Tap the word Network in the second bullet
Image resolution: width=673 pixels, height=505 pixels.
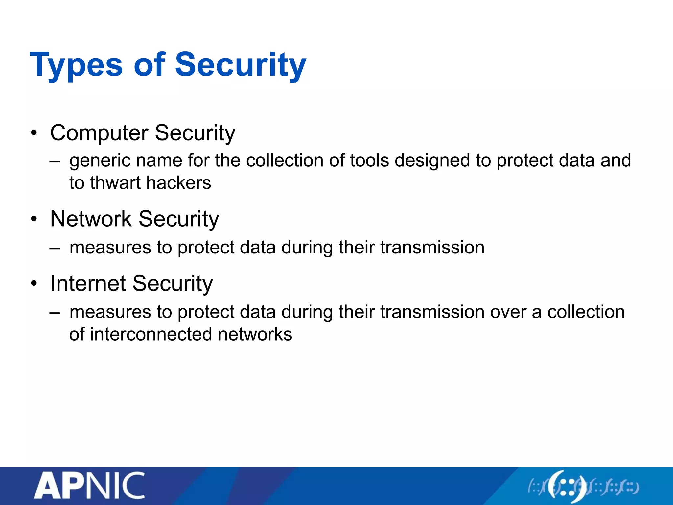coord(91,219)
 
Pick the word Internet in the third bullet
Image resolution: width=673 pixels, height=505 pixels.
coord(87,283)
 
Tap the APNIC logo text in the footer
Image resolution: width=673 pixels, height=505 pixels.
coord(89,486)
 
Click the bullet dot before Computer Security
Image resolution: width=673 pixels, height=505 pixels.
coord(34,133)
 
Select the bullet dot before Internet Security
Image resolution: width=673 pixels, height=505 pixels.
coord(34,284)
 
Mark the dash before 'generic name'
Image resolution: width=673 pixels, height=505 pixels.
coord(55,161)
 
